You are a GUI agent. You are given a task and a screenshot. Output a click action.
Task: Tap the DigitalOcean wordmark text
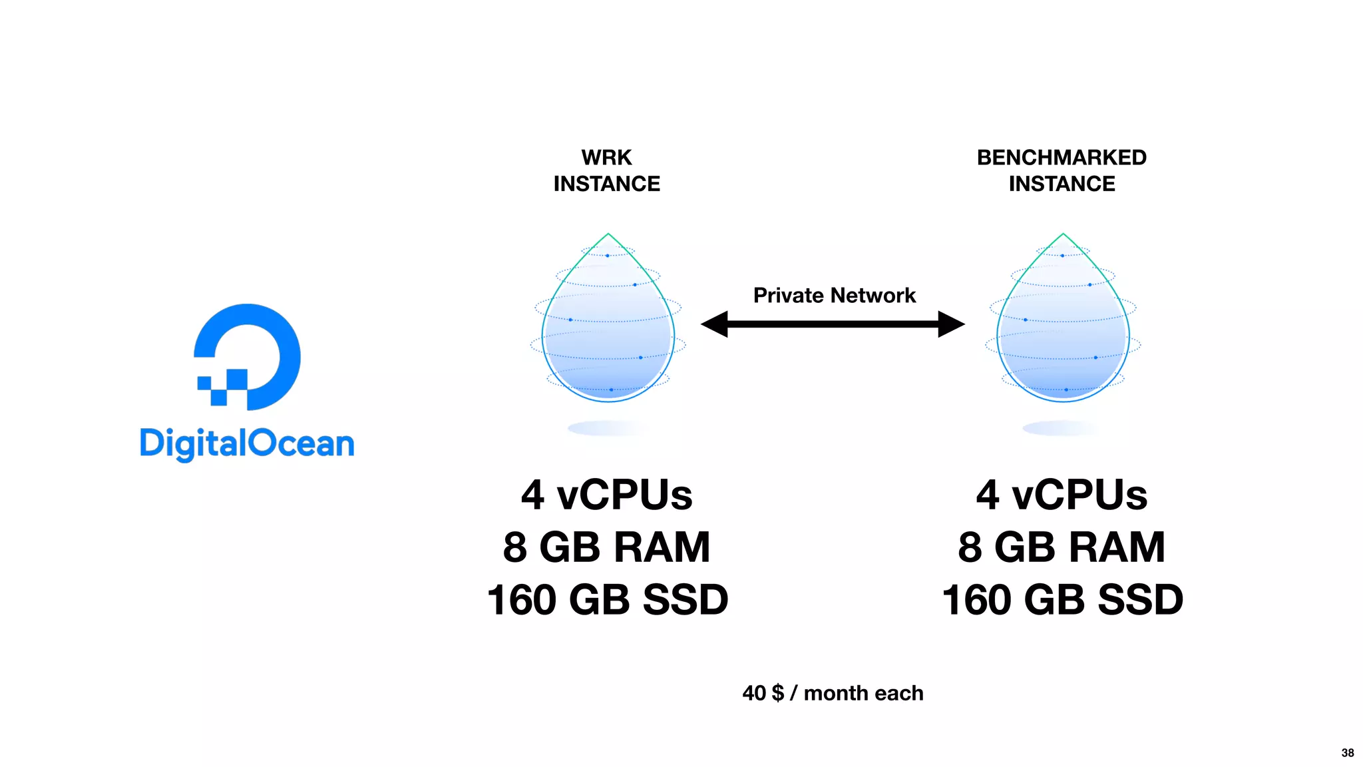[x=247, y=444]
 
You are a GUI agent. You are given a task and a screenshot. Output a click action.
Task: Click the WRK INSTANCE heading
[x=607, y=170]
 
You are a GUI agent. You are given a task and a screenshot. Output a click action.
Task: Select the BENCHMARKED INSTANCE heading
[x=1062, y=170]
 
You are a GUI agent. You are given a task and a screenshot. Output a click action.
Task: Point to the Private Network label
[x=834, y=295]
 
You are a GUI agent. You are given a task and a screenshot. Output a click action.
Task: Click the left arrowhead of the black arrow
[x=715, y=324]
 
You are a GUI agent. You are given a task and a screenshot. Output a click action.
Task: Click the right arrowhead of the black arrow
[x=950, y=324]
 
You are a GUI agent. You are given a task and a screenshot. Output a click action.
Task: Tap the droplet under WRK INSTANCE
[x=608, y=326]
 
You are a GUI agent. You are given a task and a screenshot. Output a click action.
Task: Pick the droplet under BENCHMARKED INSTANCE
[x=1063, y=326]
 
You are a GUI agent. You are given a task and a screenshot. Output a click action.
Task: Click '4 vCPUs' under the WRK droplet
[x=607, y=495]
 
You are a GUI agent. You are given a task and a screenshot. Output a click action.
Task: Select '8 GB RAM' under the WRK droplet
[x=607, y=547]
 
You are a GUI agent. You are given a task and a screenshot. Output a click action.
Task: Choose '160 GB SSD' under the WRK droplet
[x=607, y=600]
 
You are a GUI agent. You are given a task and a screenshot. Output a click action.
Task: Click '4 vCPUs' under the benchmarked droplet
[x=1062, y=495]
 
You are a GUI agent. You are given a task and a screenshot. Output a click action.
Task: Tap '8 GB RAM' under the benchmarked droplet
[x=1062, y=547]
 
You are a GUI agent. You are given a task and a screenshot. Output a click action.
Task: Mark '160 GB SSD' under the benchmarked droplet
[x=1062, y=600]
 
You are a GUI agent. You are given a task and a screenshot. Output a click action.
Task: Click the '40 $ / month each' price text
[x=833, y=693]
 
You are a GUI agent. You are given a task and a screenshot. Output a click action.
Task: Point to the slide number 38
[x=1347, y=753]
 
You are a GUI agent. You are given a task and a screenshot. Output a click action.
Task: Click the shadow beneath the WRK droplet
[x=606, y=428]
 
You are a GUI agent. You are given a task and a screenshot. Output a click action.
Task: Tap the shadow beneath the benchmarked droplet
[x=1060, y=428]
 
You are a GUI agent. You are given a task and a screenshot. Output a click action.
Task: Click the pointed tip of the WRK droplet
[x=608, y=235]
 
